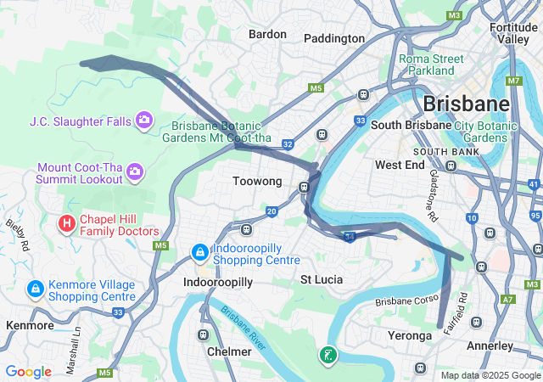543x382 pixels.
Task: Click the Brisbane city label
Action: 466,104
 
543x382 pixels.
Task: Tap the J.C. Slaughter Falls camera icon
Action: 143,121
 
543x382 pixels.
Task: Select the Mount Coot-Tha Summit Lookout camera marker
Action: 134,173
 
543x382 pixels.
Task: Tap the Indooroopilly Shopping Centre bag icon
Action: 199,252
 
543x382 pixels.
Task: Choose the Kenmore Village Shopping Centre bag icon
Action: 36,289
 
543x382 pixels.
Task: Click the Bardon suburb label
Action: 268,34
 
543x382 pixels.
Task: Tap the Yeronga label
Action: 409,336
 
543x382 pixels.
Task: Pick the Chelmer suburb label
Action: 229,351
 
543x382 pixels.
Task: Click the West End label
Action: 400,165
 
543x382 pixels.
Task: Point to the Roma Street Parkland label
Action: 432,65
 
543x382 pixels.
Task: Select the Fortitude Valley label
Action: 513,32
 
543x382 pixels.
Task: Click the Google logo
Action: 28,372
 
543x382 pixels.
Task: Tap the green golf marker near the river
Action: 327,355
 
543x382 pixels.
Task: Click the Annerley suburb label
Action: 490,345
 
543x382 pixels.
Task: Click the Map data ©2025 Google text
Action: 490,375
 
